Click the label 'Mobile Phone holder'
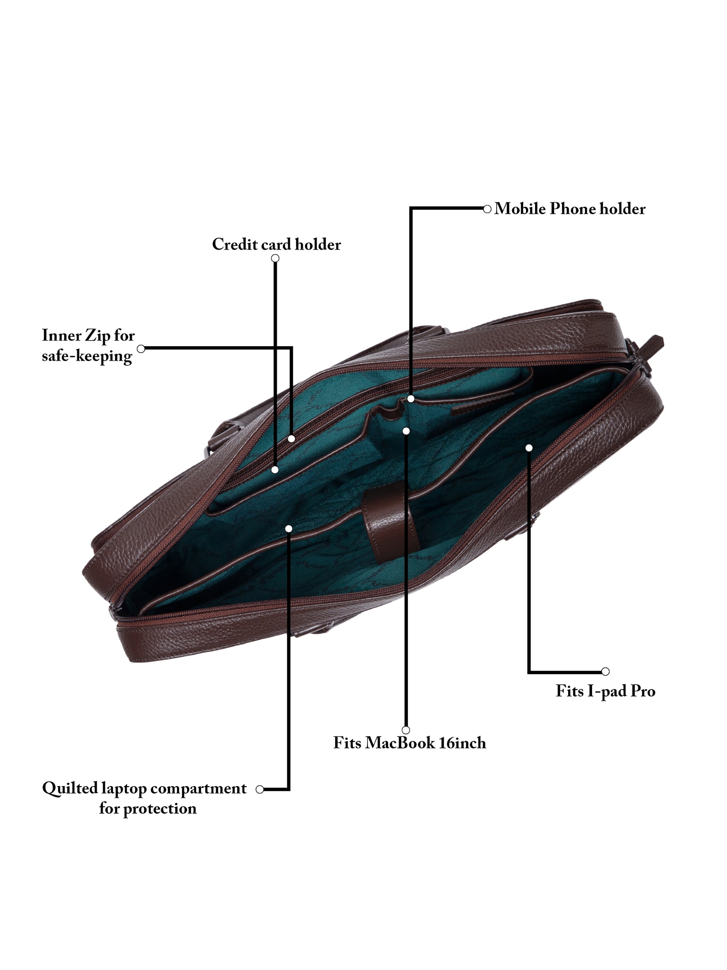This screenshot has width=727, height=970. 569,209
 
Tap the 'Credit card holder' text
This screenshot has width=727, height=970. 276,244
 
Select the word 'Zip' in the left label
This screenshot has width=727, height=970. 97,335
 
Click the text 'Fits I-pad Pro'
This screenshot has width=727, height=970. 605,691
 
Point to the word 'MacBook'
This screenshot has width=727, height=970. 400,743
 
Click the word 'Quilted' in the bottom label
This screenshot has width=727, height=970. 70,788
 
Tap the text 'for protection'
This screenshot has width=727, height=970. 148,808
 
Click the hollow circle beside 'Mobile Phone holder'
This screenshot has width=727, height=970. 487,209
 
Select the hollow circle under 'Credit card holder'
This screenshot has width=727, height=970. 275,258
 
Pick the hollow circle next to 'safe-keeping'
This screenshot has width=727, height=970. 141,349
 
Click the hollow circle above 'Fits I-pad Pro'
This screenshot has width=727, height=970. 605,671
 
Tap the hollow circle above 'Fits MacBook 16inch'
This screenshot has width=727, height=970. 406,730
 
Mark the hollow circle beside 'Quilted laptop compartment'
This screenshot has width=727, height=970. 260,789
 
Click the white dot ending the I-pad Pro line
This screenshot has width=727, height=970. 529,448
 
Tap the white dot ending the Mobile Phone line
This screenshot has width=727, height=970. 411,398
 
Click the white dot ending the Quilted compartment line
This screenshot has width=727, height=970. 289,529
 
